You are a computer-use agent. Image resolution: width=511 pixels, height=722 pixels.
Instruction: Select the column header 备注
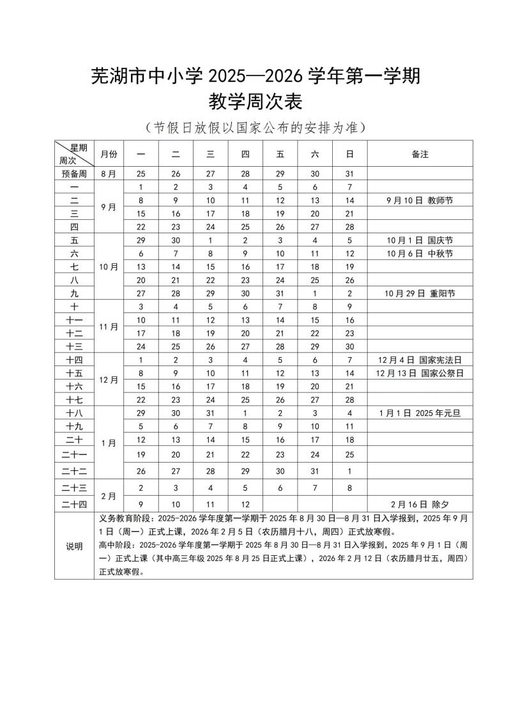coord(420,154)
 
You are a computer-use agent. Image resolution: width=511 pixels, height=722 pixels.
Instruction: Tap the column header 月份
coord(109,154)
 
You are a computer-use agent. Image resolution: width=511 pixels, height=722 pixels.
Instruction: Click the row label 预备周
coord(74,174)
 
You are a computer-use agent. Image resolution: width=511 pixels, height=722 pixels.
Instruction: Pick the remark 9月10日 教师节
coord(420,200)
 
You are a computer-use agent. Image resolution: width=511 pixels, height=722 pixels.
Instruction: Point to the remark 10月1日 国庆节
coord(420,240)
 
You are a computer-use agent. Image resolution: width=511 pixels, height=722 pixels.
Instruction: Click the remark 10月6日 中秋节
coord(420,254)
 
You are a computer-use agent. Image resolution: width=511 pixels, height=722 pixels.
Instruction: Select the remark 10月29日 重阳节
coord(420,293)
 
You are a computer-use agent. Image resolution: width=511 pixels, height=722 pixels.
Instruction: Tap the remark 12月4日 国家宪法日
coord(420,360)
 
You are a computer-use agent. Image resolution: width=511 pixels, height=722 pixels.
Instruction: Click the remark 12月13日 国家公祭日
coord(420,373)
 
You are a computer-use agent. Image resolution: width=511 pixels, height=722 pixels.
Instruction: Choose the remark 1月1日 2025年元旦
coord(420,413)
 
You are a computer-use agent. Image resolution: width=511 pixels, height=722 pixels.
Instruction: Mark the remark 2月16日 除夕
coord(420,504)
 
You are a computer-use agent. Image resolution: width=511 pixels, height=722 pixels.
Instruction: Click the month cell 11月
coord(109,326)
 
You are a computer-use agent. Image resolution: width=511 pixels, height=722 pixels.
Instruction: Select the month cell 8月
coord(109,174)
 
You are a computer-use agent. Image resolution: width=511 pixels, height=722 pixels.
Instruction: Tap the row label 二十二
coord(74,471)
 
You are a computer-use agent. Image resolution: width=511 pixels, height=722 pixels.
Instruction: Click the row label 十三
coord(74,346)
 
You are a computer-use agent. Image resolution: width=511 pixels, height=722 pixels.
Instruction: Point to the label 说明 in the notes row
coord(74,546)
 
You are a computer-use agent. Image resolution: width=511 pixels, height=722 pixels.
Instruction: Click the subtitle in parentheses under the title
coord(255,127)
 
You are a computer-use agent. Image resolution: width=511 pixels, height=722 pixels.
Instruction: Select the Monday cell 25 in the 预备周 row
coord(141,174)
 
